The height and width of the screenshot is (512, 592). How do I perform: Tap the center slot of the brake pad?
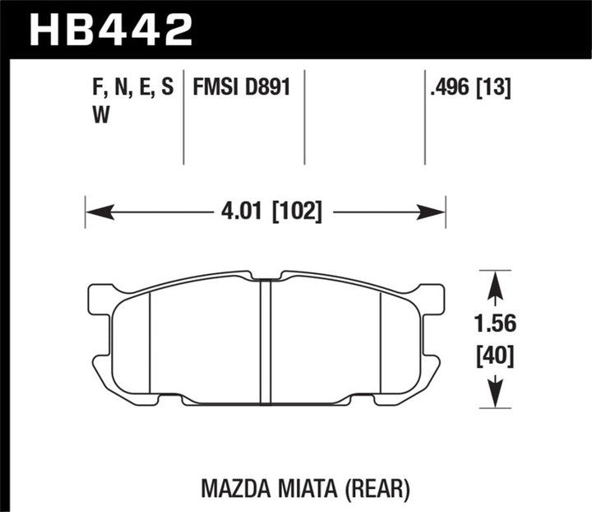[266, 342]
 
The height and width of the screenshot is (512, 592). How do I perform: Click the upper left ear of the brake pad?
[100, 296]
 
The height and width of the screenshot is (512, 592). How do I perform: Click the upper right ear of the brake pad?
[431, 296]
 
